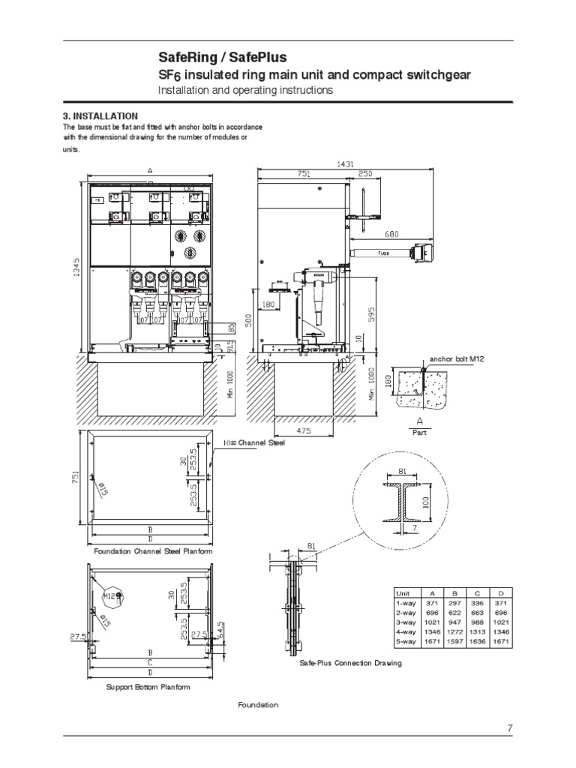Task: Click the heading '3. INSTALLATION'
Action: [x=100, y=116]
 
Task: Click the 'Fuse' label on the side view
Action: [x=383, y=253]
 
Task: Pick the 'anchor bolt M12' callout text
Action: [x=457, y=359]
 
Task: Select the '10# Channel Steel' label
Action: [x=253, y=442]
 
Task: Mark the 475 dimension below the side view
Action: [x=304, y=430]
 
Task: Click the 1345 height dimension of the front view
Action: [x=75, y=262]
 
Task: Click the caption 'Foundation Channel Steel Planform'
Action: [x=153, y=551]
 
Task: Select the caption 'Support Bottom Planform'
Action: [x=148, y=686]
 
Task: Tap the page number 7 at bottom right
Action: [x=509, y=727]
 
